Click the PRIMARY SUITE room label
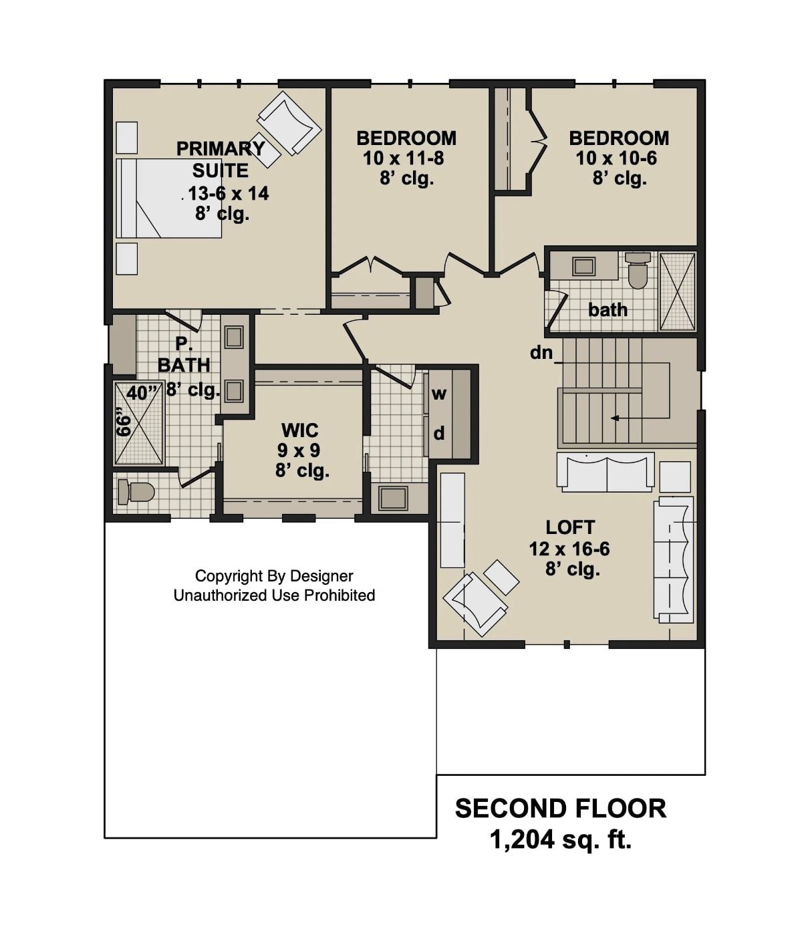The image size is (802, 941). [x=221, y=158]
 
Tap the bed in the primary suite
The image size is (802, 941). [x=168, y=198]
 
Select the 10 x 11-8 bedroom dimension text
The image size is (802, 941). [x=404, y=158]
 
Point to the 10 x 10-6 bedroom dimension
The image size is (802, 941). [x=616, y=158]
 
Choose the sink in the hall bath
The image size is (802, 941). [x=583, y=266]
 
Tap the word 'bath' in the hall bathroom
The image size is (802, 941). [x=608, y=309]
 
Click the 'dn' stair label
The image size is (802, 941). [x=541, y=352]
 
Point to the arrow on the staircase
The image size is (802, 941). [x=615, y=418]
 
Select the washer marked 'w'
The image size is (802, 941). [x=438, y=394]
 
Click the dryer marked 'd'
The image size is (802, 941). [x=438, y=434]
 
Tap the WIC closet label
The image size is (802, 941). [x=299, y=430]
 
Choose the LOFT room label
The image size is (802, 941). [x=569, y=527]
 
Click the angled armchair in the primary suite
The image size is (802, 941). [x=289, y=122]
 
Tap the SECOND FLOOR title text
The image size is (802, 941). [x=560, y=809]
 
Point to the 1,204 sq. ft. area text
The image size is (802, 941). [x=560, y=839]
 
